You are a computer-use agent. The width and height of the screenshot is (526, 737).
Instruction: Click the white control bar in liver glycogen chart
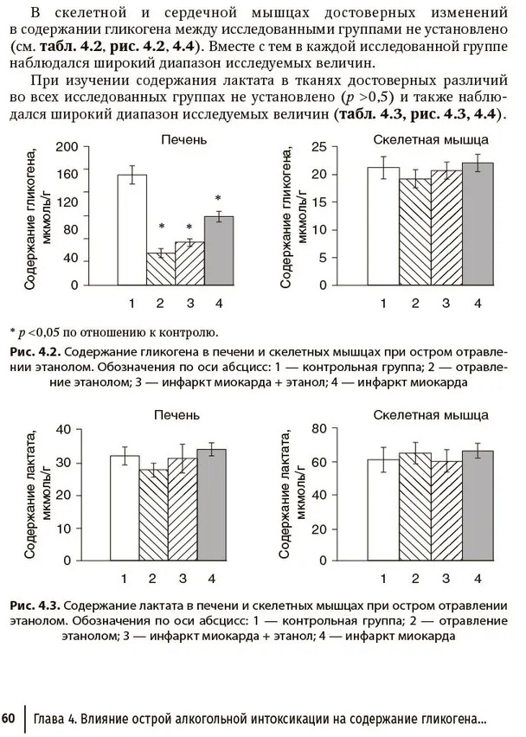pos(132,230)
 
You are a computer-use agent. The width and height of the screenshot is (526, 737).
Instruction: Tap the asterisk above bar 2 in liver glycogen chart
pos(161,228)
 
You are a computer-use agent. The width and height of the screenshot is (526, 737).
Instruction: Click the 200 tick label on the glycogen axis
pos(67,147)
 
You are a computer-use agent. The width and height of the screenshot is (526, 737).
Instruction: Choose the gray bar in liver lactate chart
pos(211,503)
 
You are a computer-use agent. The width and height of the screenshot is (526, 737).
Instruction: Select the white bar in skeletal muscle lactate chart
pos(383,509)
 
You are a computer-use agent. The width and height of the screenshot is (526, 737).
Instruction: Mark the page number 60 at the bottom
pos(9,719)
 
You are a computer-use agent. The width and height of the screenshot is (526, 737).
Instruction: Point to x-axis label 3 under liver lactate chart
pos(182,579)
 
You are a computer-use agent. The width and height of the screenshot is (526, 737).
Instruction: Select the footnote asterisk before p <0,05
pos(13,331)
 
